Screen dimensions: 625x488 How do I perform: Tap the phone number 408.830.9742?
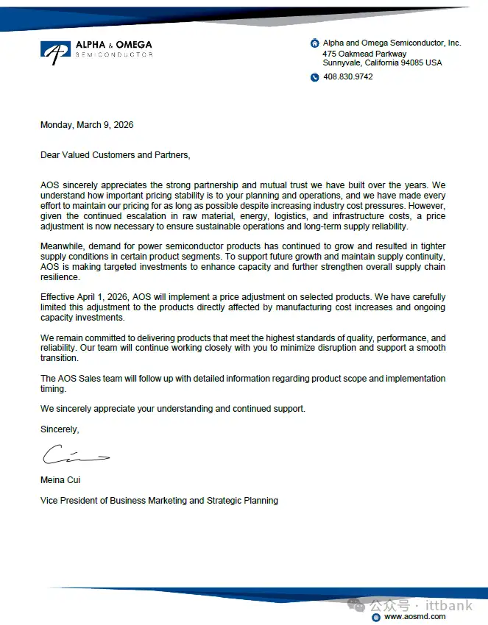(x=348, y=76)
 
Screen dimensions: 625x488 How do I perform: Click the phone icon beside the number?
(x=315, y=77)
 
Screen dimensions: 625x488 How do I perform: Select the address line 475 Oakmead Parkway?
(x=364, y=54)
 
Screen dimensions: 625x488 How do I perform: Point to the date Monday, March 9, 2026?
(x=87, y=125)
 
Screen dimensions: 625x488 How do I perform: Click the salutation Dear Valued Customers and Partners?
(x=115, y=155)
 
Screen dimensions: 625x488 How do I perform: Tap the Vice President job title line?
(x=159, y=501)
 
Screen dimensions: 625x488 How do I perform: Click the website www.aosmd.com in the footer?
(x=415, y=617)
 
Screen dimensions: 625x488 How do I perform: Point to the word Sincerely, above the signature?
(x=60, y=429)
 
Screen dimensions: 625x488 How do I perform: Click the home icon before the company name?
(x=315, y=43)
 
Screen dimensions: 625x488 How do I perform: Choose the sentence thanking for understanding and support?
(x=172, y=409)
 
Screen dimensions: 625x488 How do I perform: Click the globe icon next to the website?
(x=376, y=617)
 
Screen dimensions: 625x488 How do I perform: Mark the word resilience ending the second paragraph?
(x=60, y=276)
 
